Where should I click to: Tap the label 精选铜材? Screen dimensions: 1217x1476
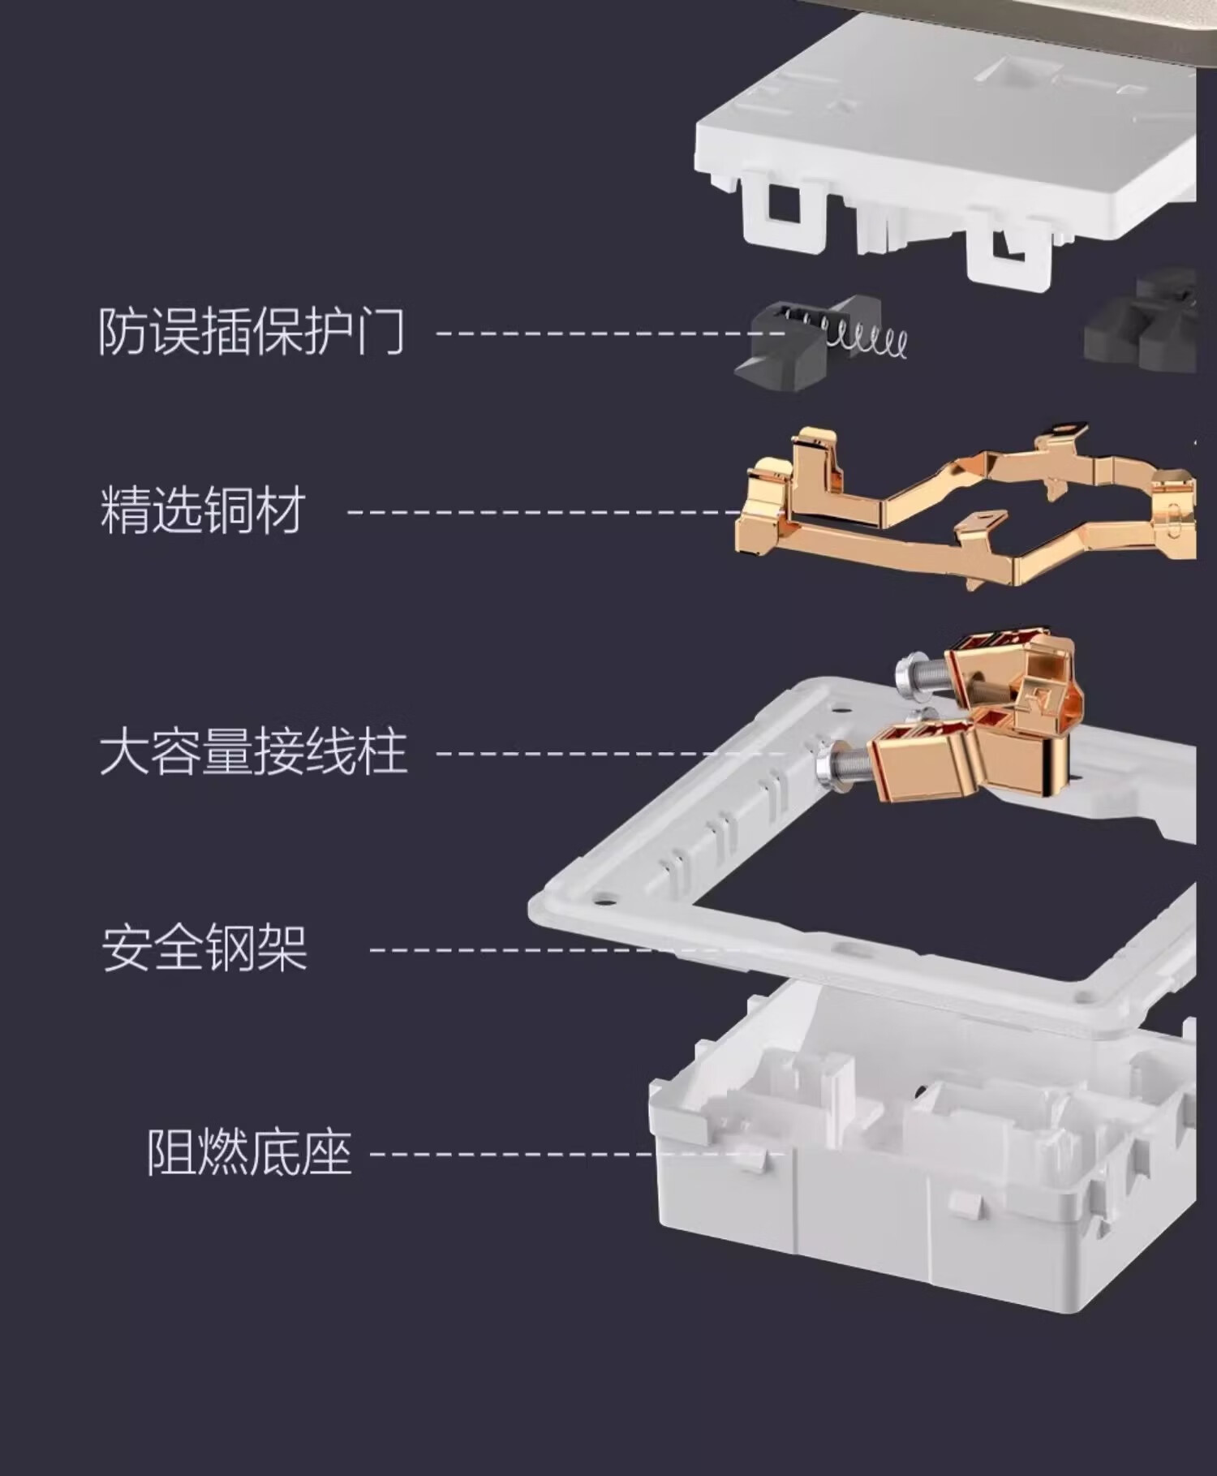point(203,510)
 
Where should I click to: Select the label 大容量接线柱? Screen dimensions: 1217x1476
point(253,753)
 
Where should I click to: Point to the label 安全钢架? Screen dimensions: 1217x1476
point(204,948)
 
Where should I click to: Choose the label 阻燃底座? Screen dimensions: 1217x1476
point(248,1152)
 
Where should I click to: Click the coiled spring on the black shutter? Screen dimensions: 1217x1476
point(868,338)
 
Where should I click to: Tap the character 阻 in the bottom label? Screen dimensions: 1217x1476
point(170,1152)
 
